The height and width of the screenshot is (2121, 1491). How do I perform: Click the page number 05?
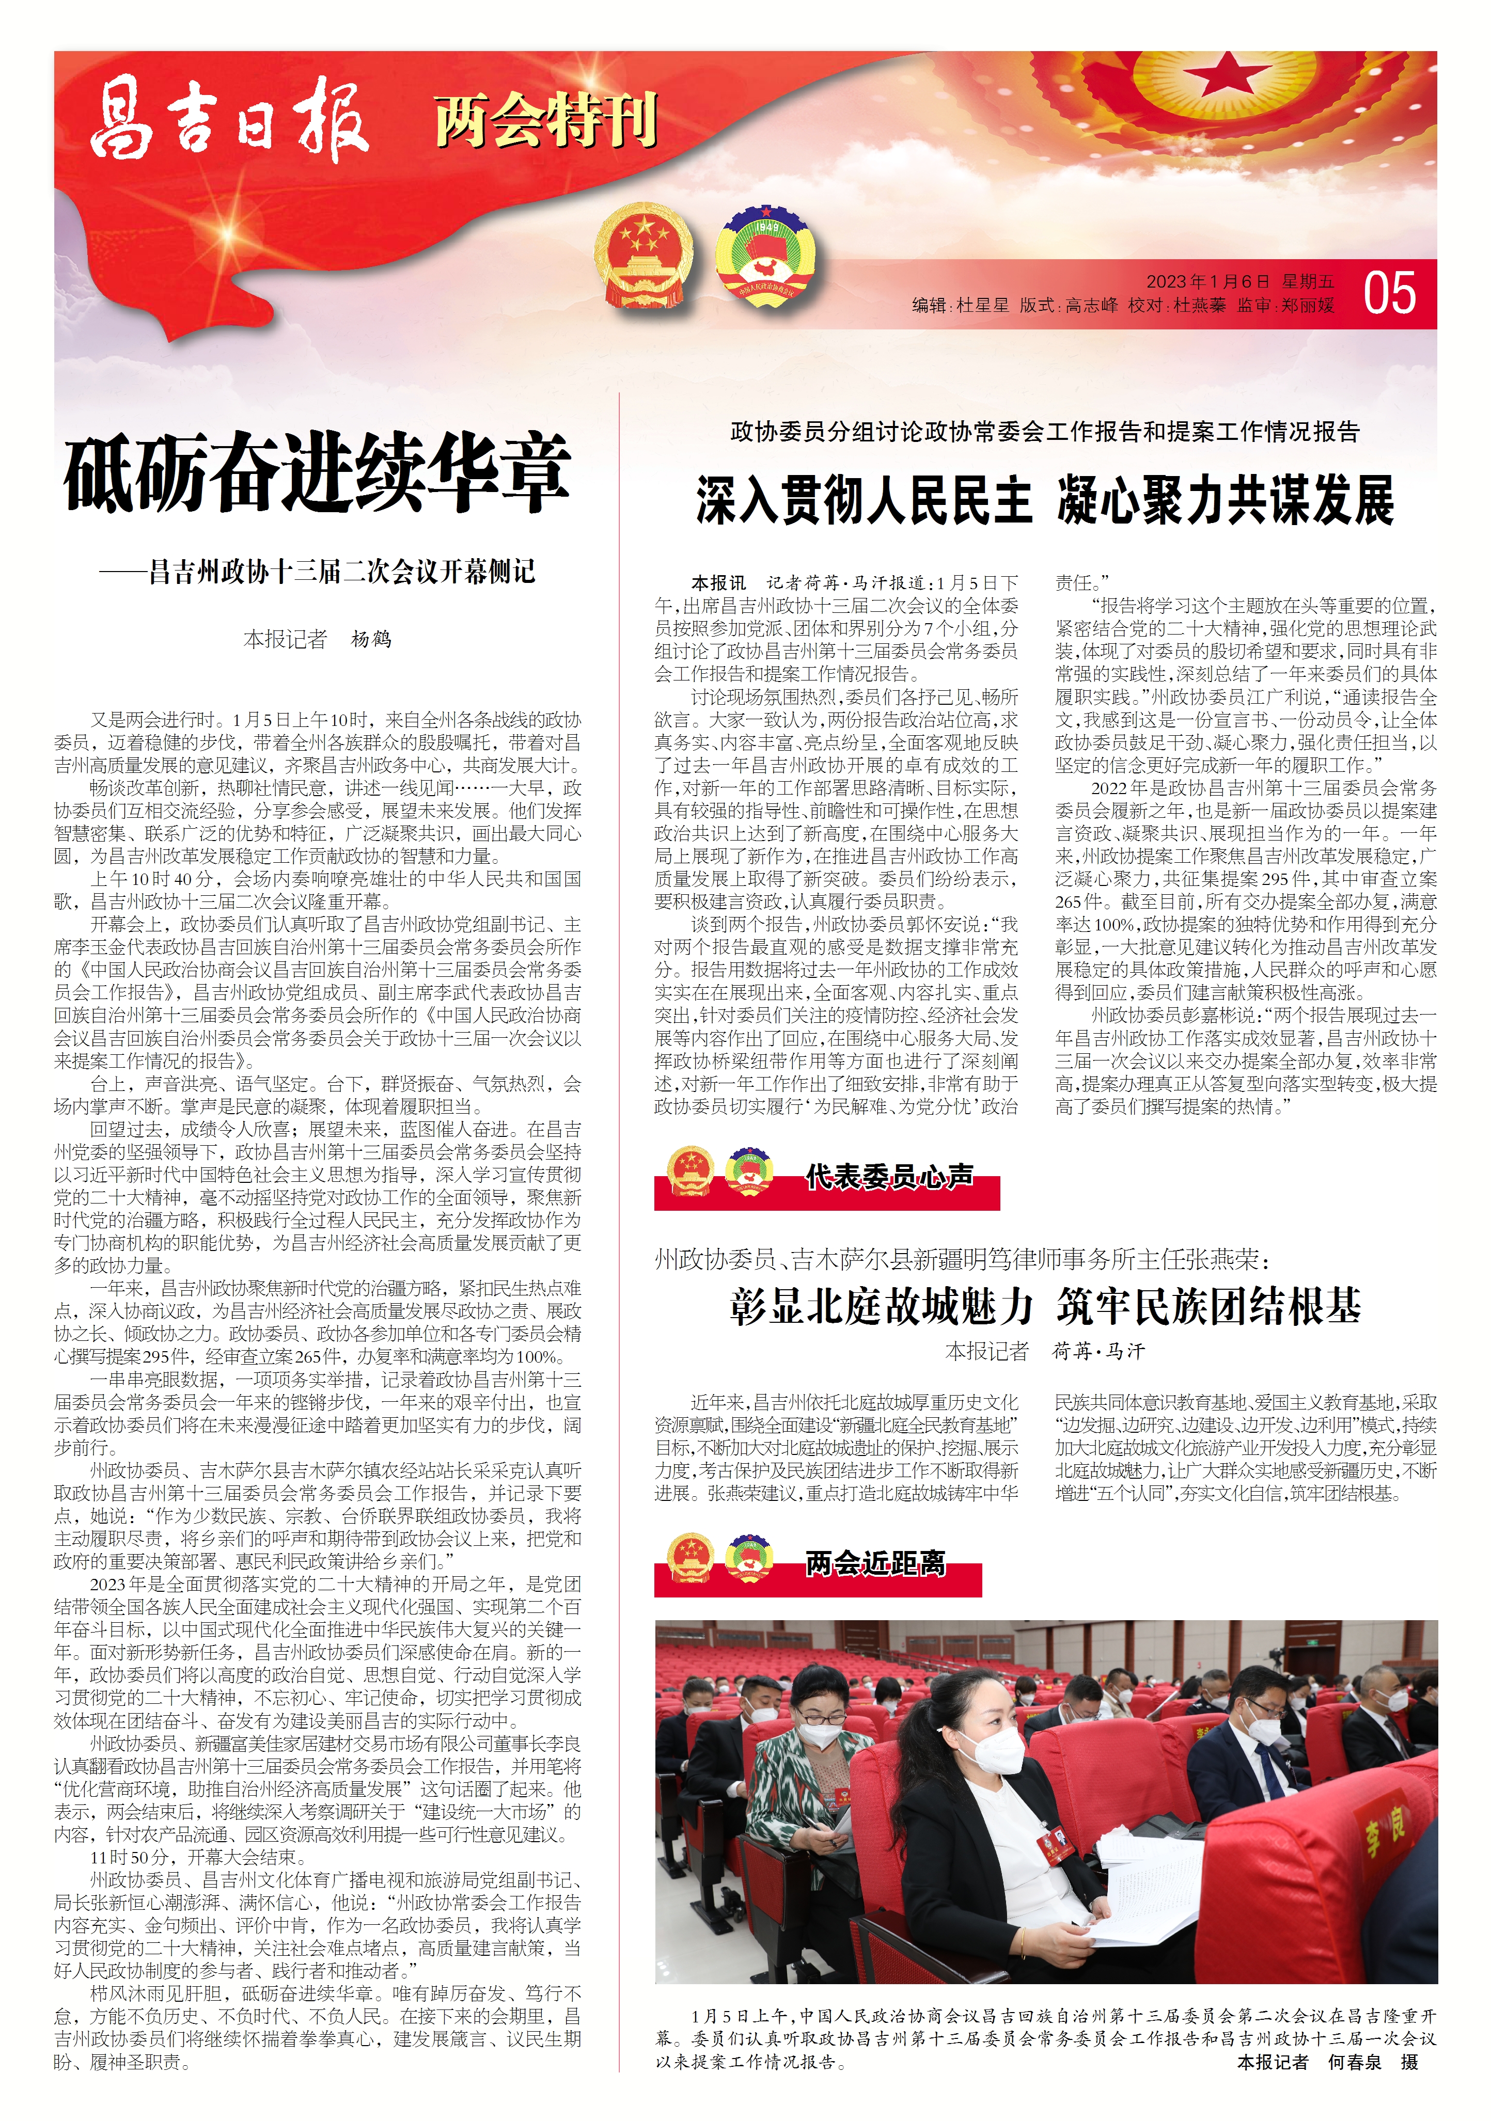1388,294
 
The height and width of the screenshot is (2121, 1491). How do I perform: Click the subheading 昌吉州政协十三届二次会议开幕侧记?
342,572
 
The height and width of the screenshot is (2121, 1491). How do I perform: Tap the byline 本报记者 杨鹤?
317,639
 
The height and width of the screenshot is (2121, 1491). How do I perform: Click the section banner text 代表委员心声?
889,1177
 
